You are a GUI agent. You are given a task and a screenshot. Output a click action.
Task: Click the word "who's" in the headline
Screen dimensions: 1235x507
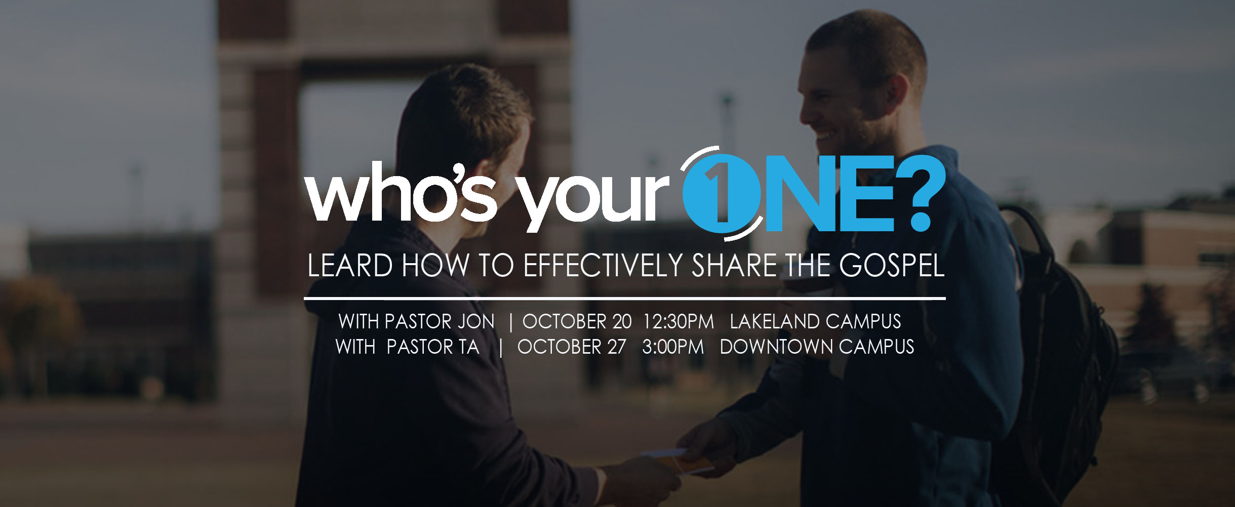(401, 193)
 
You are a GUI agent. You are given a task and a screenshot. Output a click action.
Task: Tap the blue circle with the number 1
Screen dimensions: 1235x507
(721, 194)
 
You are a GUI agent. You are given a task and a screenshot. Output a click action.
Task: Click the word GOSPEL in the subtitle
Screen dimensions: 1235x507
(892, 266)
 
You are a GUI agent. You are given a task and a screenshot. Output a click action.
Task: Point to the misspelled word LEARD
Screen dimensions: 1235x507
(350, 266)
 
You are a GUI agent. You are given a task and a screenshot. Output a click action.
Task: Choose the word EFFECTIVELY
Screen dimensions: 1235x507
(604, 266)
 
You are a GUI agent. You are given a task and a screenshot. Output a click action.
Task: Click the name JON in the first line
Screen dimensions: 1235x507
(475, 322)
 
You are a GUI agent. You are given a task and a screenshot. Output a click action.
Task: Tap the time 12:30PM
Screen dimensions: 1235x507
(679, 322)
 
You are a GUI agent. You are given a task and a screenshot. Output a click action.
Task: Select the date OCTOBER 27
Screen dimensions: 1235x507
(572, 347)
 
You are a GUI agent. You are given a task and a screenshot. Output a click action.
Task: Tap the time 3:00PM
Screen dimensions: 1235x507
(673, 347)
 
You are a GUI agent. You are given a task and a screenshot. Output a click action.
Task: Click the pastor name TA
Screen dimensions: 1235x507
(469, 347)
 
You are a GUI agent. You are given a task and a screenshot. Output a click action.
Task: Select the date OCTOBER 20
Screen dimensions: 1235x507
(577, 322)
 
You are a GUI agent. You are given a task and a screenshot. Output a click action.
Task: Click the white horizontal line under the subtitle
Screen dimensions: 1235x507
(625, 299)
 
